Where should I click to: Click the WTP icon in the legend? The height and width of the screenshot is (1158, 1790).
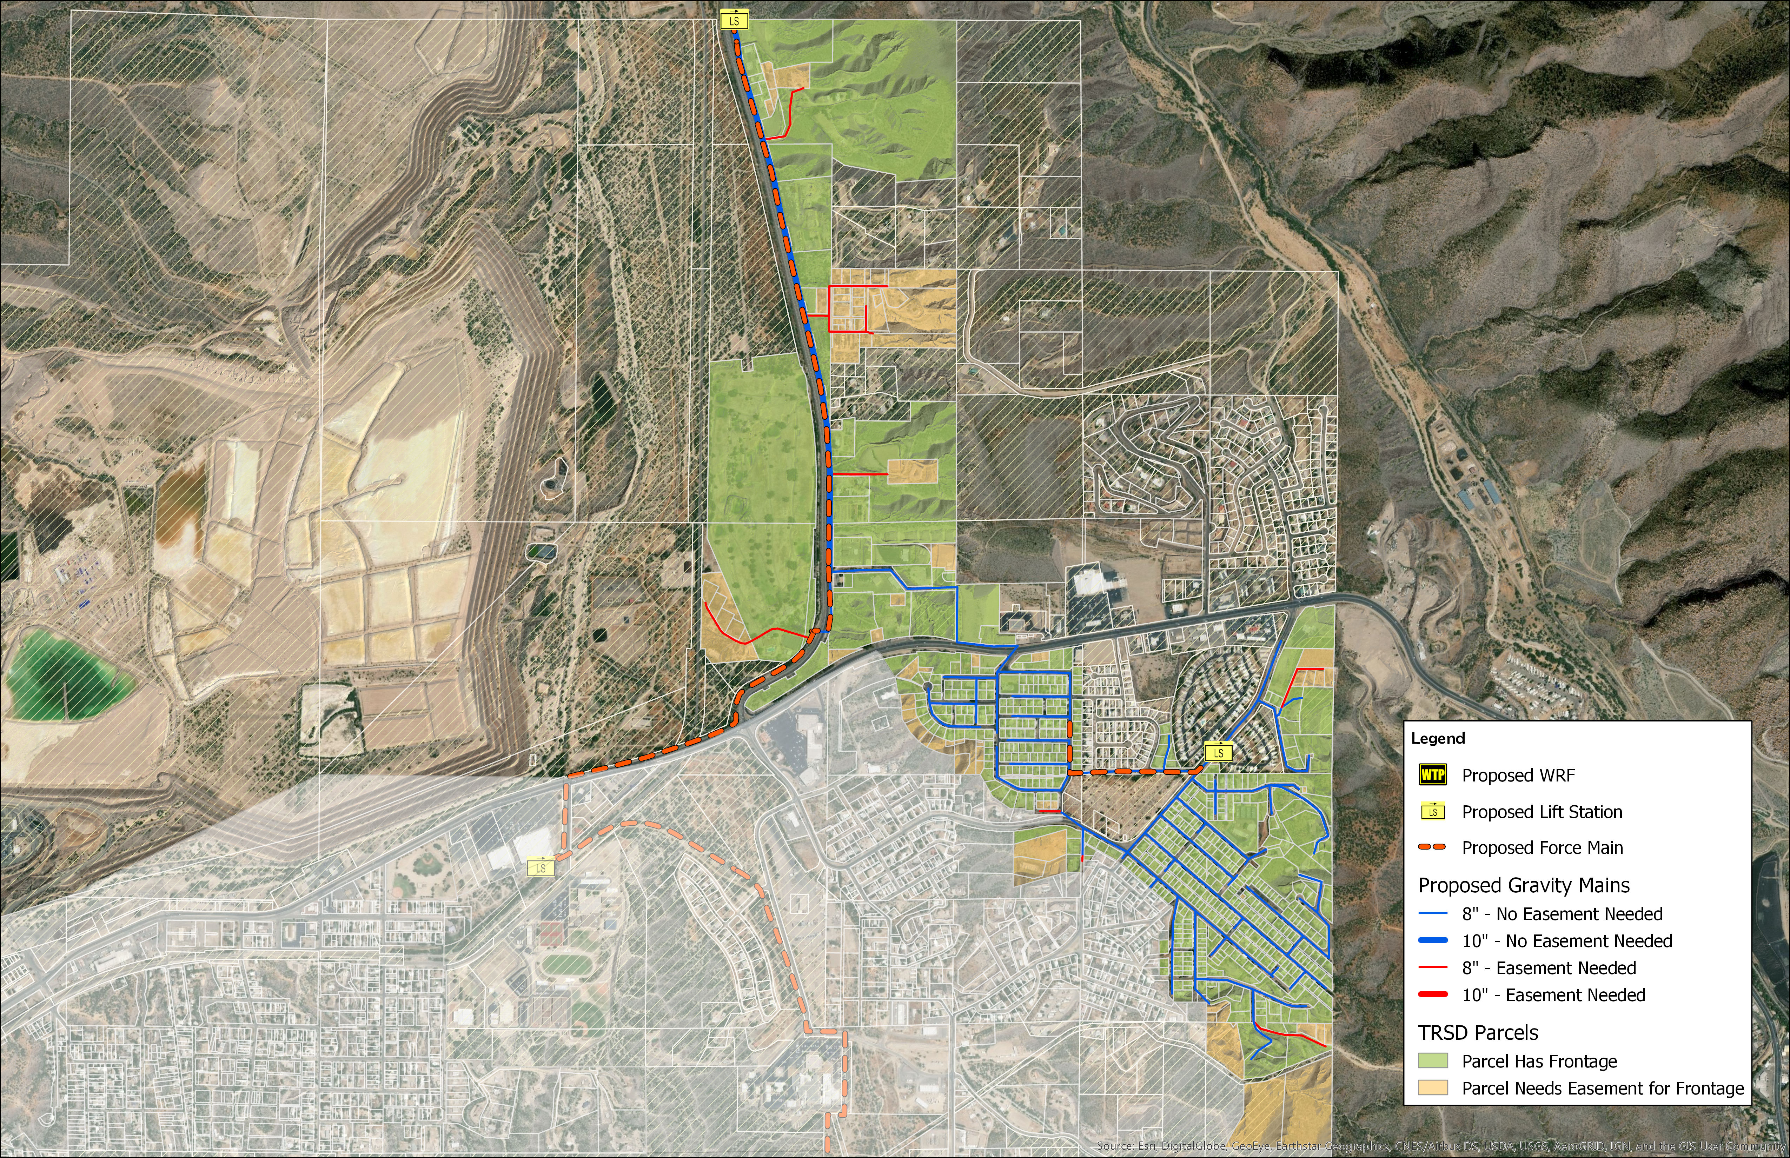click(1433, 775)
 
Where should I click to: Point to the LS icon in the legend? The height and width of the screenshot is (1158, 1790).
click(1433, 812)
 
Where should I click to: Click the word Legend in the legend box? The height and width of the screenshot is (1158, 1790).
click(1438, 738)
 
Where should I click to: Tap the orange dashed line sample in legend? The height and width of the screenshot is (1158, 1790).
click(1433, 847)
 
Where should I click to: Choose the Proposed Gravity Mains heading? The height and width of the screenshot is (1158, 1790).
click(1524, 885)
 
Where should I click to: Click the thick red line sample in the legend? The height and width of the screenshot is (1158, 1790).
click(1433, 995)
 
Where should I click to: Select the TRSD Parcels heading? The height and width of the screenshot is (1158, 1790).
click(1478, 1032)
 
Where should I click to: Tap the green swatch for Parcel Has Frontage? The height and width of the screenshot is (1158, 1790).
click(1433, 1061)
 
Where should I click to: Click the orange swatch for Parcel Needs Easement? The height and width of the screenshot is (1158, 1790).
click(1433, 1088)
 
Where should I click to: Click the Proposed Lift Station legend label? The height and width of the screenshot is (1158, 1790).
click(1542, 812)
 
